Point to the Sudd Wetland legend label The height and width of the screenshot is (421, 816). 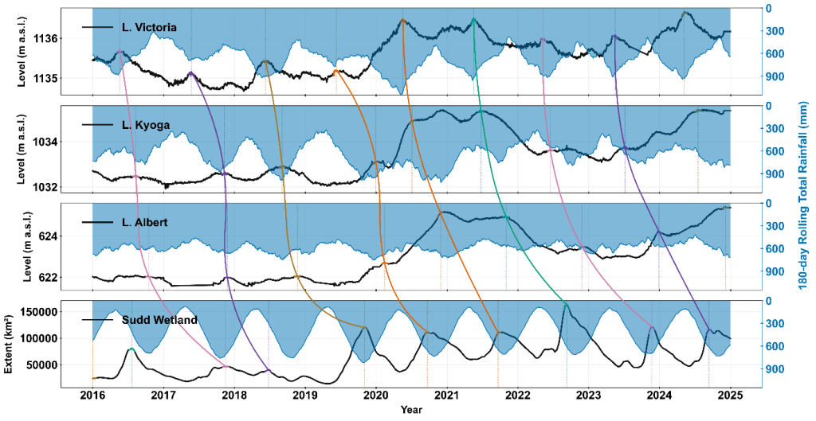coord(160,320)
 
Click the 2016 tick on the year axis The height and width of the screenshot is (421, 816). coord(92,396)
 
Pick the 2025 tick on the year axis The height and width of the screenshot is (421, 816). coord(730,396)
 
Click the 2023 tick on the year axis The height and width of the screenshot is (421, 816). coord(588,396)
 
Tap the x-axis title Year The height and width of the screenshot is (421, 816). coord(411,410)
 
